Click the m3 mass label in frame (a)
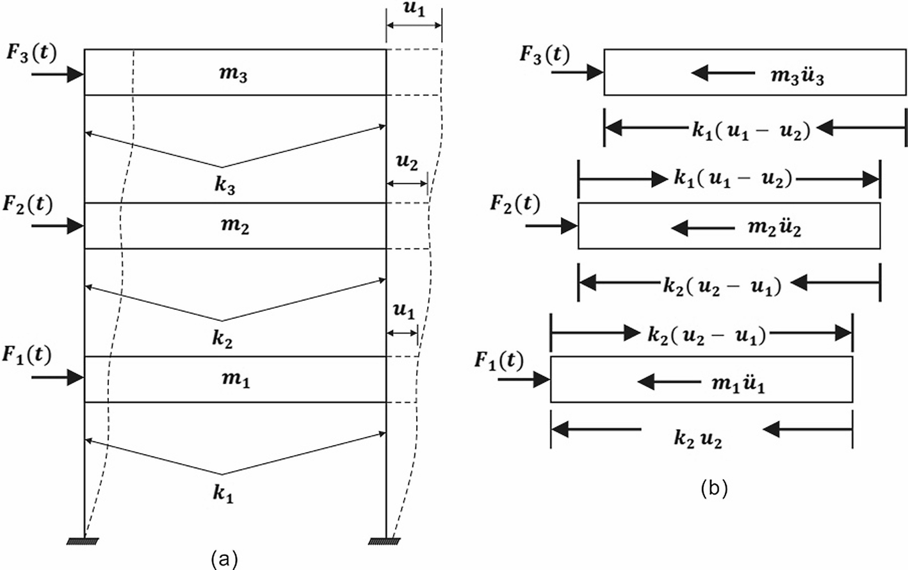233,74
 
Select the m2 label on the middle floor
234,226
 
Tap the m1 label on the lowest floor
236,379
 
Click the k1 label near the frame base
223,493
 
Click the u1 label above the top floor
414,10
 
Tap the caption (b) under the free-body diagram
714,489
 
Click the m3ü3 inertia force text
797,76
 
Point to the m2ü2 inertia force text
774,228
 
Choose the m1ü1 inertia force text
738,384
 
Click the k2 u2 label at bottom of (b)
697,439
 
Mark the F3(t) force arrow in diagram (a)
58,74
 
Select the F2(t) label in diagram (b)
515,204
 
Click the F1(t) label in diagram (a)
26,355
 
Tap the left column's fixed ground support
83,542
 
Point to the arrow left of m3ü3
723,73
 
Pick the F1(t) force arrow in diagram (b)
524,380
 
